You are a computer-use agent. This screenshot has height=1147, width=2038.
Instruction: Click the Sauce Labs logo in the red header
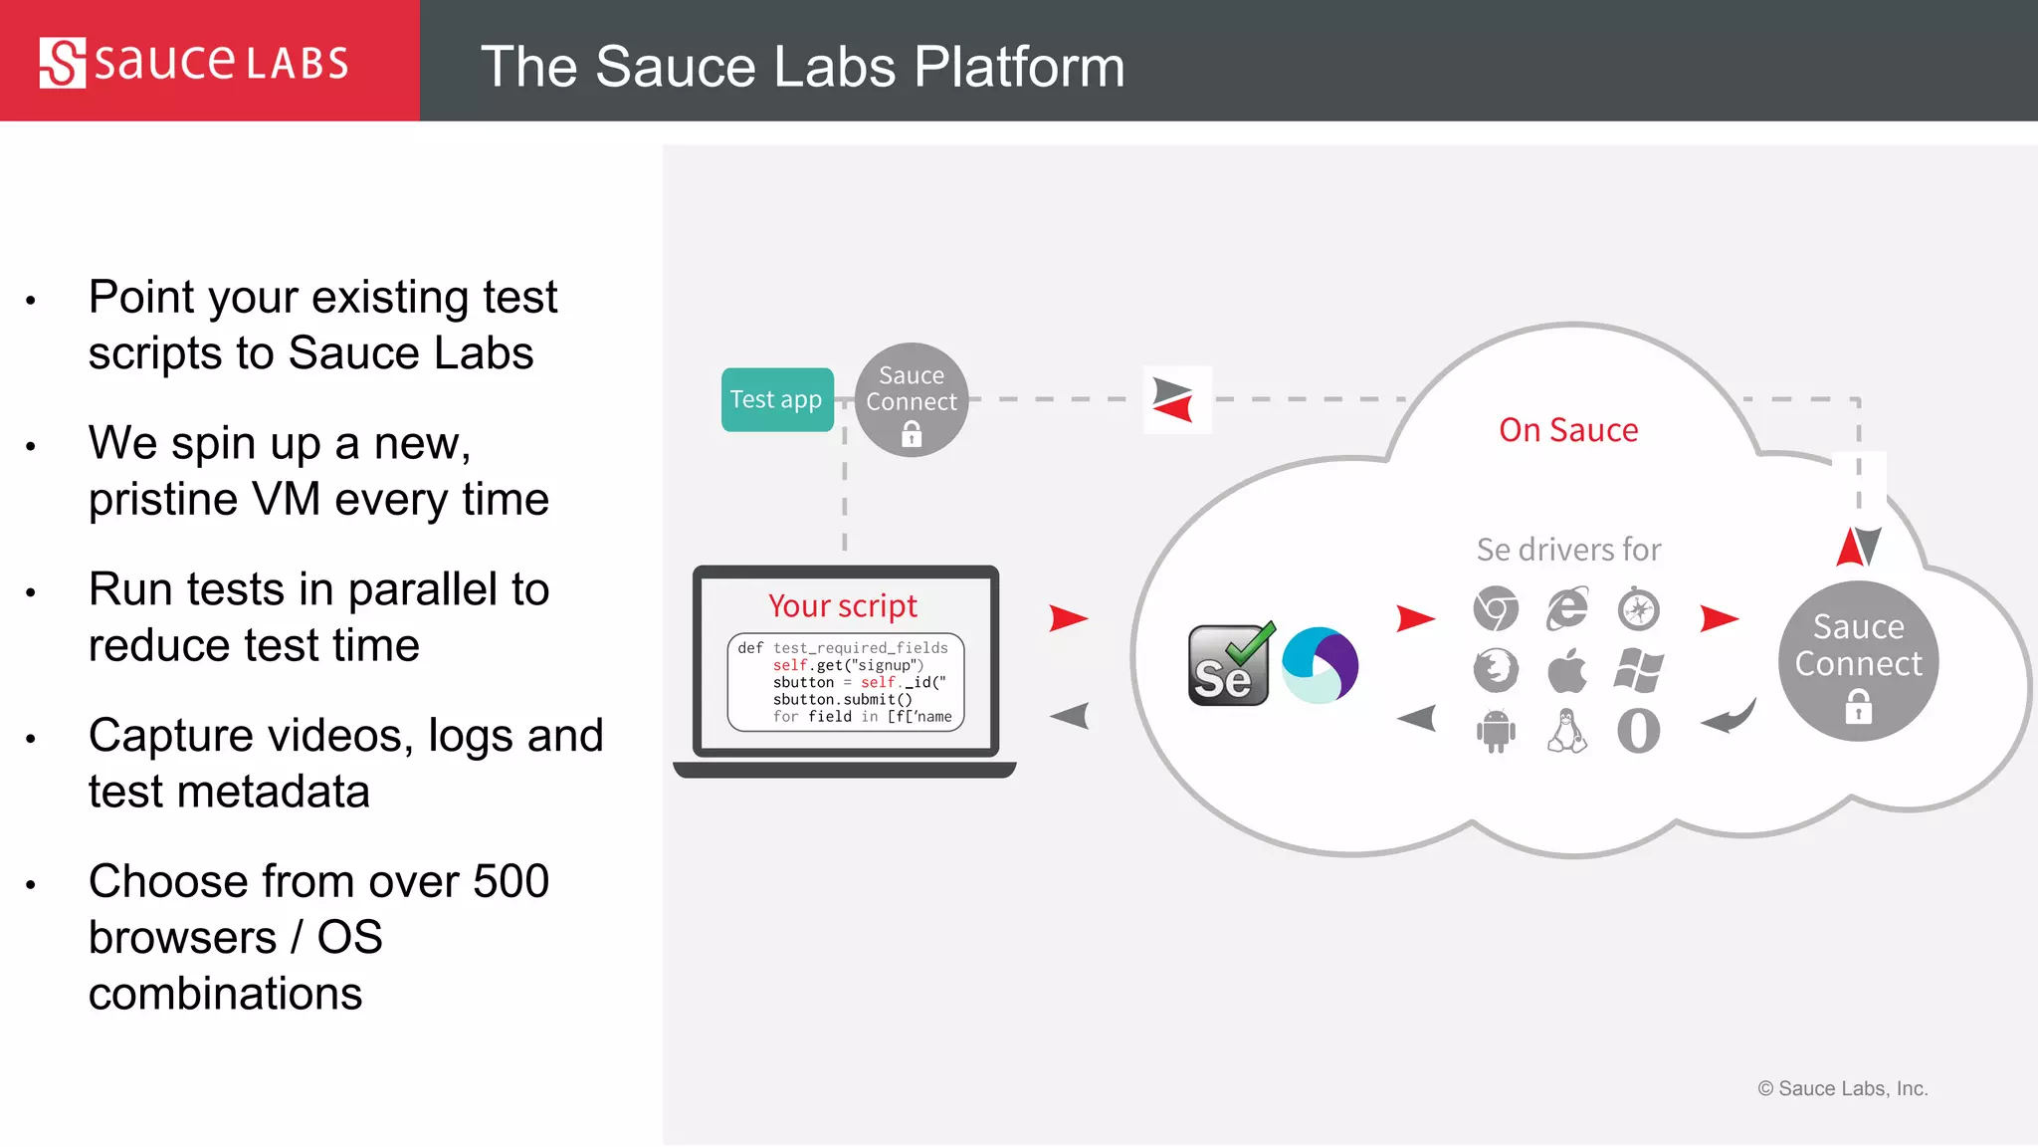pyautogui.click(x=194, y=63)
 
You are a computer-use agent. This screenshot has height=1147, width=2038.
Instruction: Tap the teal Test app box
pyautogui.click(x=777, y=399)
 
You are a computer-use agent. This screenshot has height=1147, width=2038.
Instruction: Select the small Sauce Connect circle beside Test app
pyautogui.click(x=912, y=400)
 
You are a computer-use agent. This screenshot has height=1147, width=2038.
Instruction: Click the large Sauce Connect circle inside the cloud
pyautogui.click(x=1858, y=660)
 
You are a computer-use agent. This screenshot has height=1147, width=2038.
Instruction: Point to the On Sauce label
pyautogui.click(x=1568, y=430)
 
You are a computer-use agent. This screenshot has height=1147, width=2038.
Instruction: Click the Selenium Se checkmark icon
pyautogui.click(x=1230, y=665)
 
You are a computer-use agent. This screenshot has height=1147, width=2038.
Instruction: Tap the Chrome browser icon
pyautogui.click(x=1496, y=609)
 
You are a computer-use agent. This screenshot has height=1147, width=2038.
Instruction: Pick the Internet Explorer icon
pyautogui.click(x=1567, y=609)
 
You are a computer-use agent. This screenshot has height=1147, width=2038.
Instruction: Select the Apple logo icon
pyautogui.click(x=1567, y=670)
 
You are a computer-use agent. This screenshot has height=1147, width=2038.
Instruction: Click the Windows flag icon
pyautogui.click(x=1638, y=670)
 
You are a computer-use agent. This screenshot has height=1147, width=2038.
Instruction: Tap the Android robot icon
pyautogui.click(x=1496, y=731)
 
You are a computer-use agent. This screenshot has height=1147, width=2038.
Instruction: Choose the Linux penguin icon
pyautogui.click(x=1567, y=731)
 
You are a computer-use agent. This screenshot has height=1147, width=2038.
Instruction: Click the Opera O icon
pyautogui.click(x=1638, y=731)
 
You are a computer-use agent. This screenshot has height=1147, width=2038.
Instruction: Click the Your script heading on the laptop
pyautogui.click(x=843, y=605)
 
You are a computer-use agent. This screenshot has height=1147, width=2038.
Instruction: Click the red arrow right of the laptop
pyautogui.click(x=1068, y=618)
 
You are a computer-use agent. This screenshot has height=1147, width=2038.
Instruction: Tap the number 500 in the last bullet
pyautogui.click(x=510, y=881)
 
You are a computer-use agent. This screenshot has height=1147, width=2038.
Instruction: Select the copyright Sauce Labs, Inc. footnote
pyautogui.click(x=1842, y=1088)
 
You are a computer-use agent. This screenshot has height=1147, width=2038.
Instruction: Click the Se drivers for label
pyautogui.click(x=1568, y=550)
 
